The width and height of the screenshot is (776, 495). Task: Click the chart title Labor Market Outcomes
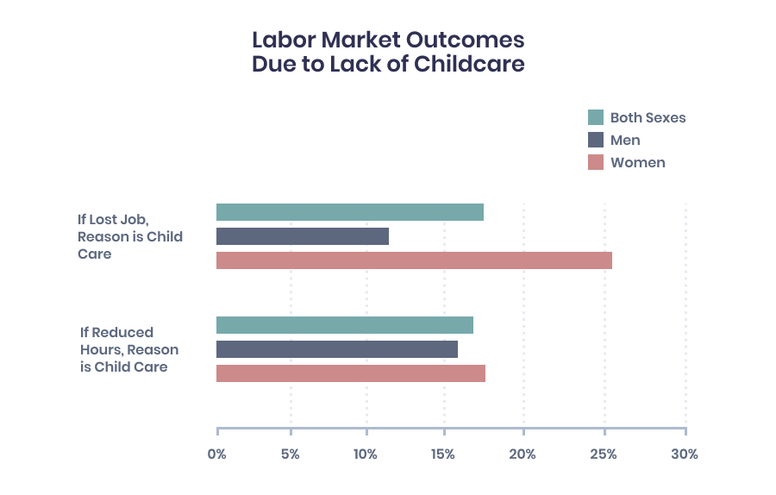point(388,52)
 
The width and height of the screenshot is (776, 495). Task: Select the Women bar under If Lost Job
point(414,260)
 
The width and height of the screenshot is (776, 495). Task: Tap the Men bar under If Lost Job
point(303,236)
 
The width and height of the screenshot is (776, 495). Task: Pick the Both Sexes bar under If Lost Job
point(350,212)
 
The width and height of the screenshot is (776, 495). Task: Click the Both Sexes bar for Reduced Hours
point(345,325)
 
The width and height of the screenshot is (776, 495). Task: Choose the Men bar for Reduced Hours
point(337,349)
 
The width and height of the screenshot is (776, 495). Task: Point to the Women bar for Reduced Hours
point(351,373)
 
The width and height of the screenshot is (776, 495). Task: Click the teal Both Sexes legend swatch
point(595,117)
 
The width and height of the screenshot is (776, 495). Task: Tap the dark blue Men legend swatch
point(595,140)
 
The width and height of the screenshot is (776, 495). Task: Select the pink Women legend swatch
point(595,162)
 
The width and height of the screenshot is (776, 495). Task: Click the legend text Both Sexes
point(648,117)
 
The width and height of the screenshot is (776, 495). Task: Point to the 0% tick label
point(216,454)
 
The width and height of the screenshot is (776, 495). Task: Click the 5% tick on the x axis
point(291,454)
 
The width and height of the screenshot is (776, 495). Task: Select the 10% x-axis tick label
point(366,454)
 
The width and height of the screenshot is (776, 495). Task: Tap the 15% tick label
point(444,454)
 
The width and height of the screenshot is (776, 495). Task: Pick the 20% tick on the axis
point(523,454)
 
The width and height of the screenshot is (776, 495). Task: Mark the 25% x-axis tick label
point(604,454)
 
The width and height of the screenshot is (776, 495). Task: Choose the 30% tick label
point(685,454)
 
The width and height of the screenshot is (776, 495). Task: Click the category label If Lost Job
point(130,236)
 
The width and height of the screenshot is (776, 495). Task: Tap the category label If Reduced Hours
point(129,349)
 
